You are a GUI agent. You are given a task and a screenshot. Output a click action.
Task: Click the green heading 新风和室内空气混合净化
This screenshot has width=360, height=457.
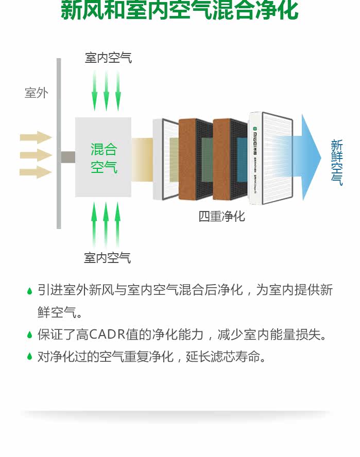pos(179,11)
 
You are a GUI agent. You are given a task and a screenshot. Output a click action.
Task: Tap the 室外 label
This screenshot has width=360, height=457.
pos(37,93)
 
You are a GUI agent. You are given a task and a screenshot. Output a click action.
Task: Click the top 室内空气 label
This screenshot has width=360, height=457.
pos(108,58)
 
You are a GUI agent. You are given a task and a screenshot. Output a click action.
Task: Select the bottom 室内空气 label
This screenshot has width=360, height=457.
pos(108,257)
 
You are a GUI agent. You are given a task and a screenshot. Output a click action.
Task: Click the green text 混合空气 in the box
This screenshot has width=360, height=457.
pos(104,158)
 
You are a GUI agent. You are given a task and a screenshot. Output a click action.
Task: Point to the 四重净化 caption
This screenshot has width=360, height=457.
pos(222,216)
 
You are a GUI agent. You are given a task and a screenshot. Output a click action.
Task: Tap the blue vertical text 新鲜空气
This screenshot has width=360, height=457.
pos(336,162)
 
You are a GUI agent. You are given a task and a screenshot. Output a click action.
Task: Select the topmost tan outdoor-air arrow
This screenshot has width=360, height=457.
pos(36,137)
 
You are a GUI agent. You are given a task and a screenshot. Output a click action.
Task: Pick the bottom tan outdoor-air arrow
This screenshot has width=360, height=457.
pos(36,172)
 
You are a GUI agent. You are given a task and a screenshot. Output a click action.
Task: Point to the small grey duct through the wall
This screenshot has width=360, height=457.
pos(68,157)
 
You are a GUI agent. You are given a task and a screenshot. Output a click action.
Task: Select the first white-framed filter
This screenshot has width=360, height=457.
pos(164,160)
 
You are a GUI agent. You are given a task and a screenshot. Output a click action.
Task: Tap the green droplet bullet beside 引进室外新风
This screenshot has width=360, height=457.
pos(30,291)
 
